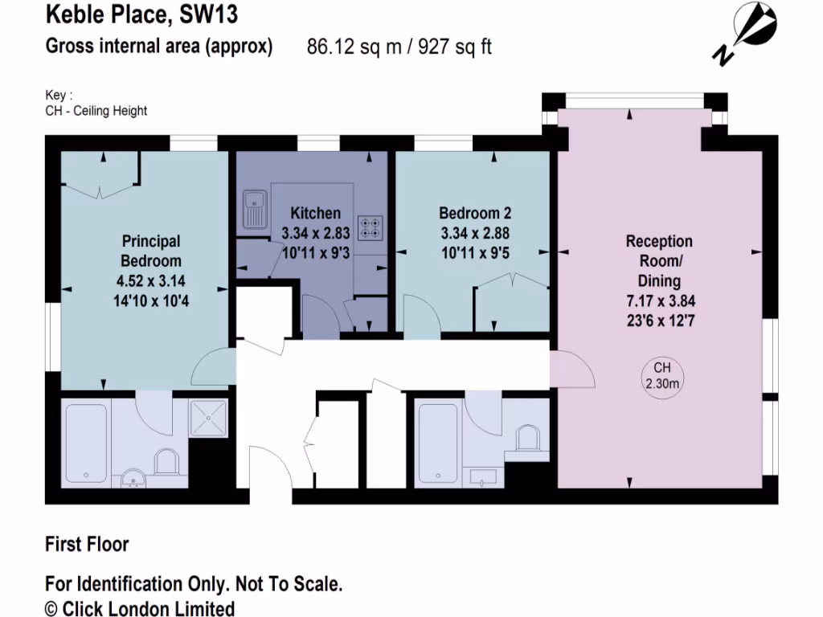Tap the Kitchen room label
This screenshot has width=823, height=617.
[x=315, y=213]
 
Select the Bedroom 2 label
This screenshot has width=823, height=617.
[x=475, y=213]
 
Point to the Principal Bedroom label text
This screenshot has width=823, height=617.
[x=151, y=251]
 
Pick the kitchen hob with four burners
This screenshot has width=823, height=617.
[x=371, y=227]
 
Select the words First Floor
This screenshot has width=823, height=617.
[x=87, y=545]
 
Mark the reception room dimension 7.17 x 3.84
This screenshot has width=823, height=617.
[x=659, y=301]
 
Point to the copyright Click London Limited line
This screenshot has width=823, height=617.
[x=140, y=608]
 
